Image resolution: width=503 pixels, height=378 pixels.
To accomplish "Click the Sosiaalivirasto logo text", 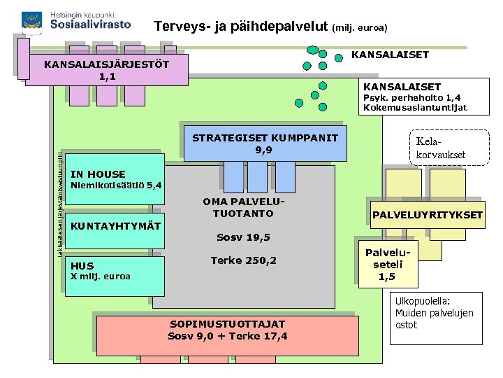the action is click(91, 24).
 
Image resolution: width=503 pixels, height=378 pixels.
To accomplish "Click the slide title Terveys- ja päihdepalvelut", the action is click(240, 27).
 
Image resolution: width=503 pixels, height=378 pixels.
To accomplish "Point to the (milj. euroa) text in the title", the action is click(360, 29).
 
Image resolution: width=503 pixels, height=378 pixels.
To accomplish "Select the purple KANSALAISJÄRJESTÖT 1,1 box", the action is click(107, 70).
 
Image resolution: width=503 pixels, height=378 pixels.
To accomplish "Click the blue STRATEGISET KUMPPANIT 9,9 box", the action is click(265, 143).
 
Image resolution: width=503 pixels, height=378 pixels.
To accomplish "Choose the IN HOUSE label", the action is click(99, 174).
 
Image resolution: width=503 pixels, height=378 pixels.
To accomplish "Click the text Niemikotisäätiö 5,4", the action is click(117, 185).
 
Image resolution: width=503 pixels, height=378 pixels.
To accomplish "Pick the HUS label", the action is click(82, 266).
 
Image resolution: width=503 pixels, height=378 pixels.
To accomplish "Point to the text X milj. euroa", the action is click(101, 276).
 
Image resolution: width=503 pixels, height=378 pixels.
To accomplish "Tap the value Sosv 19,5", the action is click(242, 237).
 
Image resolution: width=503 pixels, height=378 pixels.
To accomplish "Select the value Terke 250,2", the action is click(243, 261).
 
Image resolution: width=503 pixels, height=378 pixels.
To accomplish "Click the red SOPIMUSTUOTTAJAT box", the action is click(227, 330).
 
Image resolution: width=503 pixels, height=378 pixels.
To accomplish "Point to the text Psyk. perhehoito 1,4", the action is click(410, 98).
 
